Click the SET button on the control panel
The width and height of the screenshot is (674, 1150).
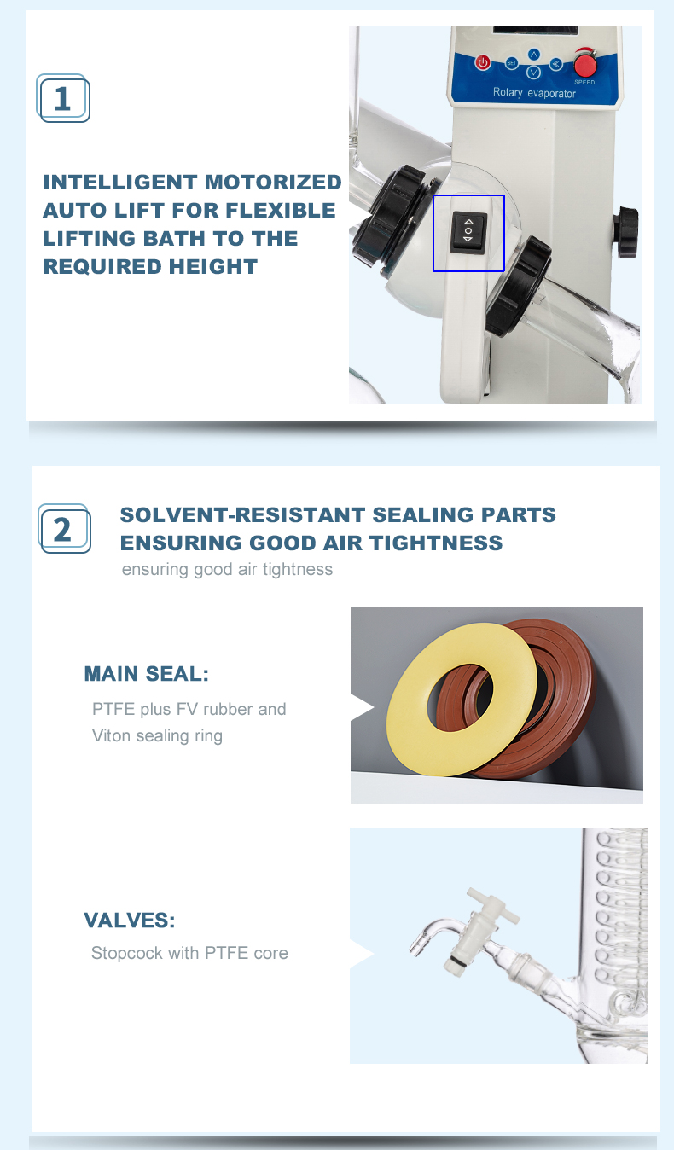pos(512,63)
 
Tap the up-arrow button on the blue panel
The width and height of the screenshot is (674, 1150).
pos(534,54)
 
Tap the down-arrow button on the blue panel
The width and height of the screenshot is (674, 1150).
pos(534,73)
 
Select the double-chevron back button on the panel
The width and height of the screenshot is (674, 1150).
pos(555,64)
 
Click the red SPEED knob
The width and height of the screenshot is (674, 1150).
pos(584,64)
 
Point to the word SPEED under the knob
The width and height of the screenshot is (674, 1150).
pos(584,82)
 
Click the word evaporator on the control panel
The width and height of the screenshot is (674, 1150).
pos(551,94)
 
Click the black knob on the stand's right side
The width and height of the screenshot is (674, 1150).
pos(626,232)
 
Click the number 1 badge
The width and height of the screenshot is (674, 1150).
pos(63,98)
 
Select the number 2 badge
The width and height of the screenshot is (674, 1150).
pos(64,528)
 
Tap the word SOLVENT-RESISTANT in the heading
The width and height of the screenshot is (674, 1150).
pos(242,514)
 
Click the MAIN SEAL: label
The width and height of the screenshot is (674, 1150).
pos(146,674)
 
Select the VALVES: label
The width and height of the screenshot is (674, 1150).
pos(130,920)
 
